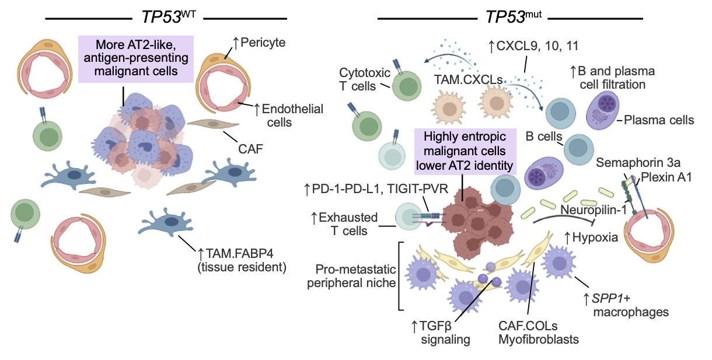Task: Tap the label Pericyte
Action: tap(262, 42)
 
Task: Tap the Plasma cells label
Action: tap(659, 120)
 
